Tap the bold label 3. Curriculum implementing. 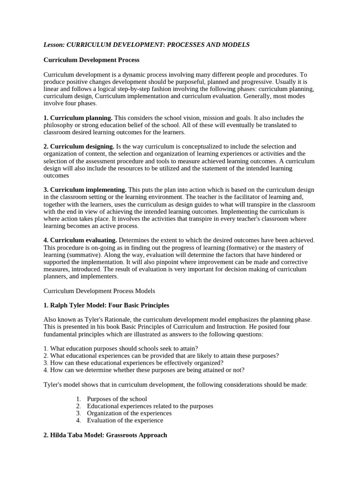pyautogui.click(x=85, y=190)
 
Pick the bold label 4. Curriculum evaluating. pyautogui.click(x=82, y=240)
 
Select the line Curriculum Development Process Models pyautogui.click(x=99, y=291)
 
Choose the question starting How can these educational pyautogui.click(x=133, y=362)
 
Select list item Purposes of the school pyautogui.click(x=117, y=399)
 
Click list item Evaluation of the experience pyautogui.click(x=125, y=420)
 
